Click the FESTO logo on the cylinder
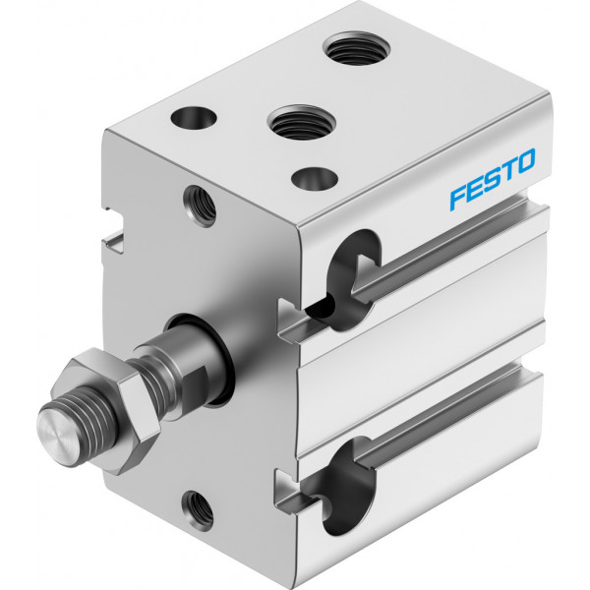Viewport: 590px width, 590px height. point(493,178)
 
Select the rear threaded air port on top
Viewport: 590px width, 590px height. point(356,48)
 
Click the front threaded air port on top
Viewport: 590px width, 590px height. point(302,122)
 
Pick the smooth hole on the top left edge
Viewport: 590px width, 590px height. point(194,118)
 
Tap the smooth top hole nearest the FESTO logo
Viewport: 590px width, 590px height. point(315,179)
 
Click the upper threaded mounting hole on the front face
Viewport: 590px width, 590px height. point(200,206)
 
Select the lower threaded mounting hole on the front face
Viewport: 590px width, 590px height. point(198,510)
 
